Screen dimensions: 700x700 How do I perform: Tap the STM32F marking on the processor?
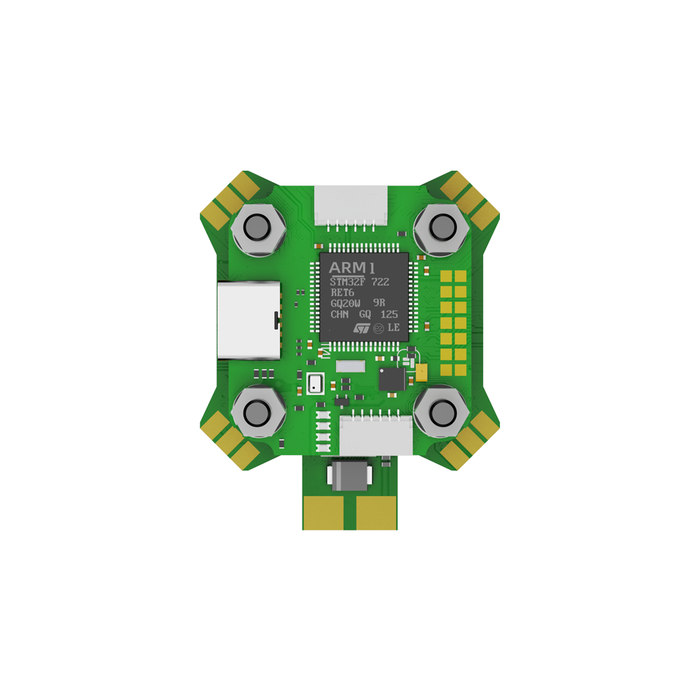click(x=348, y=282)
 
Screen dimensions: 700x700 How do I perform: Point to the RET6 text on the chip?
click(x=342, y=293)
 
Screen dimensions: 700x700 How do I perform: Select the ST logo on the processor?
click(x=361, y=327)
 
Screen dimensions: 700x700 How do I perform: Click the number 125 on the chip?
click(x=390, y=315)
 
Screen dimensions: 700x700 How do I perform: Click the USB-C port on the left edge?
click(x=248, y=320)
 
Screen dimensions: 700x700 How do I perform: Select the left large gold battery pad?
click(x=326, y=512)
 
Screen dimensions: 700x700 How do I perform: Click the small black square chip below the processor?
click(x=391, y=379)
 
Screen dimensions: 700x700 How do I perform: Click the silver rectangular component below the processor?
click(x=351, y=366)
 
